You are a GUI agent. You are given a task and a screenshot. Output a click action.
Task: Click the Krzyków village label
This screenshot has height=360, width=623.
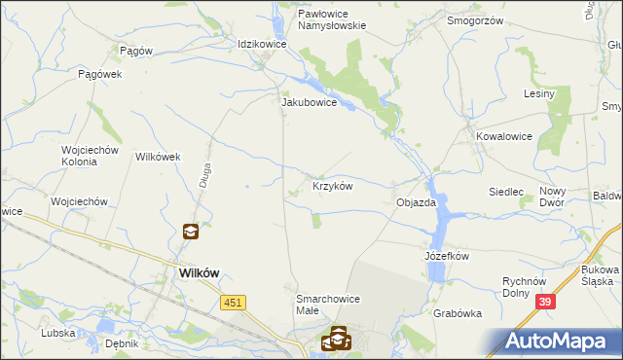coord(332,185)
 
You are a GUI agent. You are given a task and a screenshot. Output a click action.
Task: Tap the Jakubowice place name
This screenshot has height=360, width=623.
coord(309,101)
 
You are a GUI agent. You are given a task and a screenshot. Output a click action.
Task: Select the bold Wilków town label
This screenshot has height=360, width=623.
coord(203,274)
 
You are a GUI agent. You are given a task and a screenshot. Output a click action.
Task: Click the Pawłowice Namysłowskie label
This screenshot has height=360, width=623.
coord(318,20)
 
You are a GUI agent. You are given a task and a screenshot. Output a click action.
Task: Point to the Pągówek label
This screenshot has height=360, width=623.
coord(98,74)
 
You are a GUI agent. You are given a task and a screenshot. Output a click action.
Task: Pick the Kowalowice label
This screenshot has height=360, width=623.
coord(504,136)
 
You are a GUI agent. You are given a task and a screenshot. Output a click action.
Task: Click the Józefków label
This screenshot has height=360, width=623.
coord(447,256)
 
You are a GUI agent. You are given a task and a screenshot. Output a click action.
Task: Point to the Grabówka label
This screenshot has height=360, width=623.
coord(459,313)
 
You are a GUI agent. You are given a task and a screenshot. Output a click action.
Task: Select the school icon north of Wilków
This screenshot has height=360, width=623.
coord(191,232)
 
